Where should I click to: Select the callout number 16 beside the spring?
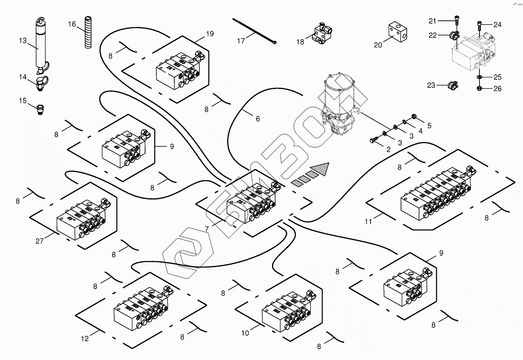pos(72,24)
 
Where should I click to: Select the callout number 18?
pos(300,42)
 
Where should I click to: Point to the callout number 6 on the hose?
pos(258,119)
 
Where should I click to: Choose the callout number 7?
pos(207,229)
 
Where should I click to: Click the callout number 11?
pos(368,221)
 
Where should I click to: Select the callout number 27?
pos(40,241)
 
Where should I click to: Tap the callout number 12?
pos(85,338)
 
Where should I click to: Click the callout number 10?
pos(245,333)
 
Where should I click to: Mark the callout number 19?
pos(209,34)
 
